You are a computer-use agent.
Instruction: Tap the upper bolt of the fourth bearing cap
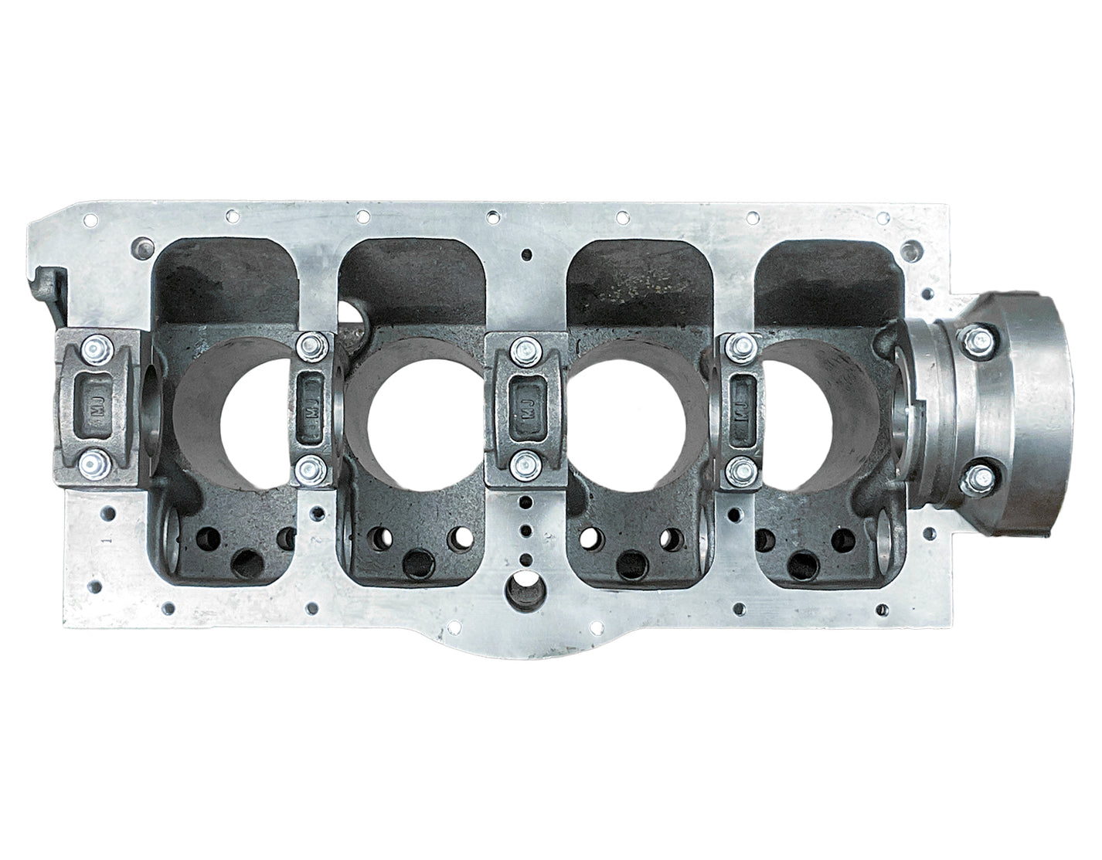coord(743,345)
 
